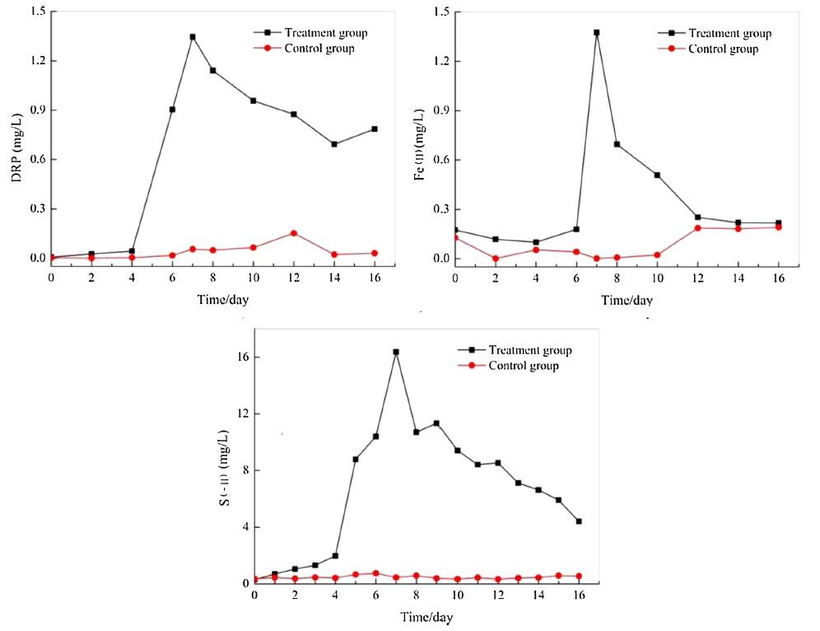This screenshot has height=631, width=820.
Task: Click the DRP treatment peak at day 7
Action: [193, 37]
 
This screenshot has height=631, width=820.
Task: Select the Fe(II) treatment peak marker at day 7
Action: [597, 33]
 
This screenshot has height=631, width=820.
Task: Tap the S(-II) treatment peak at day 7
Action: [396, 352]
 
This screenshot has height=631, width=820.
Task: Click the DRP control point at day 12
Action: [294, 233]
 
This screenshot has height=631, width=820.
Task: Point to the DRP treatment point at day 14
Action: [334, 144]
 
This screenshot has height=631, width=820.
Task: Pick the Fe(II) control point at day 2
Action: [496, 259]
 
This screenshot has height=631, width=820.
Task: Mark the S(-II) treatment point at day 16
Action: [579, 521]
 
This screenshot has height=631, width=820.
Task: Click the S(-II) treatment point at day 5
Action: [356, 459]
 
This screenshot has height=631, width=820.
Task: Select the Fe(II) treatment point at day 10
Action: [657, 175]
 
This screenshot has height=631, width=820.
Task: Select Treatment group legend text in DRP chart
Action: [325, 33]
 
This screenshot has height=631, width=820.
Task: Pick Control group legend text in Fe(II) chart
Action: [723, 49]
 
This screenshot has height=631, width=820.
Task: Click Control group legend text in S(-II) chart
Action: [524, 366]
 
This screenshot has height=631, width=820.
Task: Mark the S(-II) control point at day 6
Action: [375, 573]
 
